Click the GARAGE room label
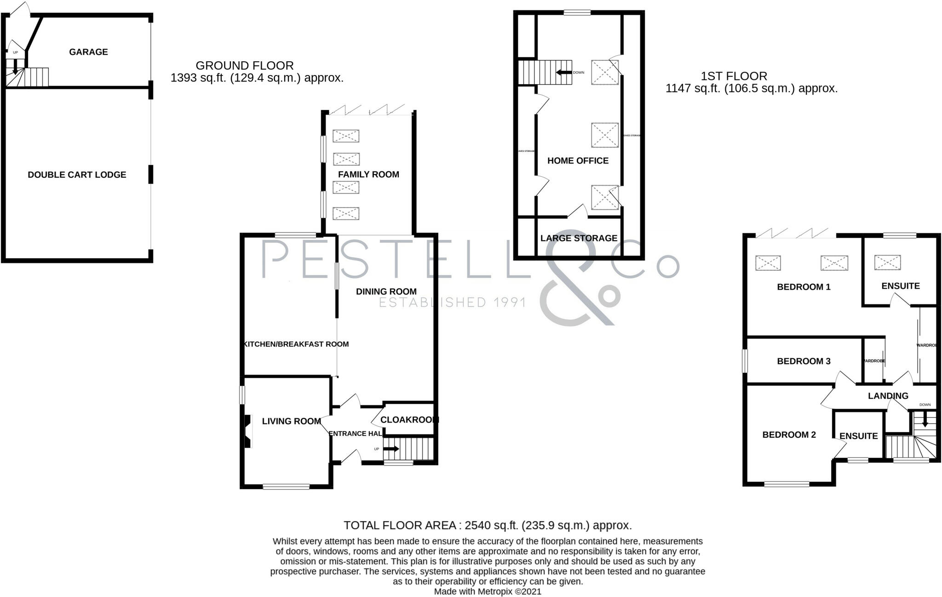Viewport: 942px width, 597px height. point(88,52)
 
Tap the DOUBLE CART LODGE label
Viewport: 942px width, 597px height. point(77,175)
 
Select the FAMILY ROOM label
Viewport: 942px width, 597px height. point(368,174)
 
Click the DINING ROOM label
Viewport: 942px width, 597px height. point(386,291)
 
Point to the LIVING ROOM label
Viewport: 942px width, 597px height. point(291,421)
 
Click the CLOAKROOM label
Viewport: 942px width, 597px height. point(409,420)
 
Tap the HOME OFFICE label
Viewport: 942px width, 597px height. point(578,161)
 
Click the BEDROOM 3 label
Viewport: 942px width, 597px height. point(804,361)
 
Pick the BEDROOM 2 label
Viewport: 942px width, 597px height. point(789,435)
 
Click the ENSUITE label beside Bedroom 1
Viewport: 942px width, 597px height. point(900,286)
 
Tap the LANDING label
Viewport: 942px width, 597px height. point(888,396)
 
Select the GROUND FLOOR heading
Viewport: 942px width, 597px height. point(244,65)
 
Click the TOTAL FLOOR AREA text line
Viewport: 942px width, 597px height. point(488,525)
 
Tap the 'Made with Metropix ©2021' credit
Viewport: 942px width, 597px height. point(488,591)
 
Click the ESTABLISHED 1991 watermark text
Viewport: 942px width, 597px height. point(452,302)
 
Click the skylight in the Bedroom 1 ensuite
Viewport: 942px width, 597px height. point(887,263)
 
